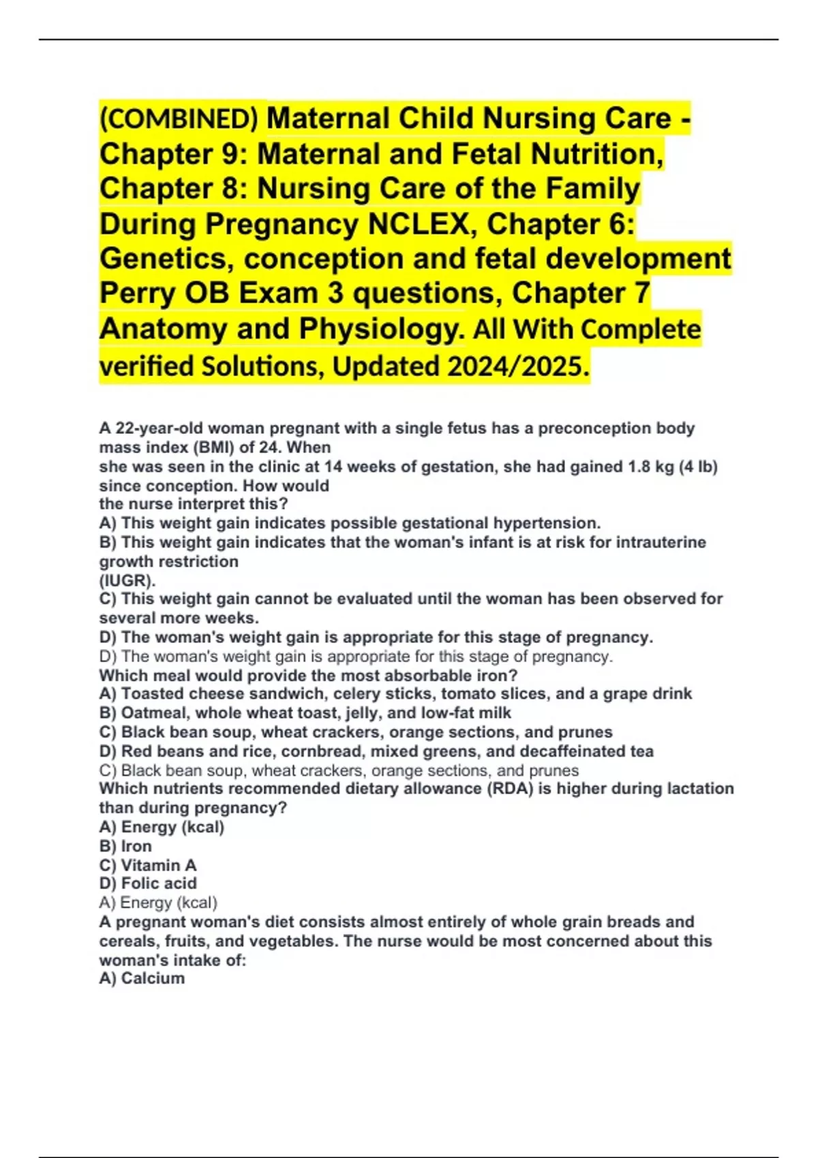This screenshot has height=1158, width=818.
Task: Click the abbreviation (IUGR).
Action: coord(127,580)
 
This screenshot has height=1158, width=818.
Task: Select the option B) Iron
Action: coord(125,846)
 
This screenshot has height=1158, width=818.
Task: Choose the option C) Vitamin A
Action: coord(148,865)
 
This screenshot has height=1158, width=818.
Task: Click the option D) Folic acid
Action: coord(148,883)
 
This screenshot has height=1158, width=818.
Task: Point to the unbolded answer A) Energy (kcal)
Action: coord(158,903)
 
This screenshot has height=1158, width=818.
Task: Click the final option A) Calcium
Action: coord(142,978)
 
